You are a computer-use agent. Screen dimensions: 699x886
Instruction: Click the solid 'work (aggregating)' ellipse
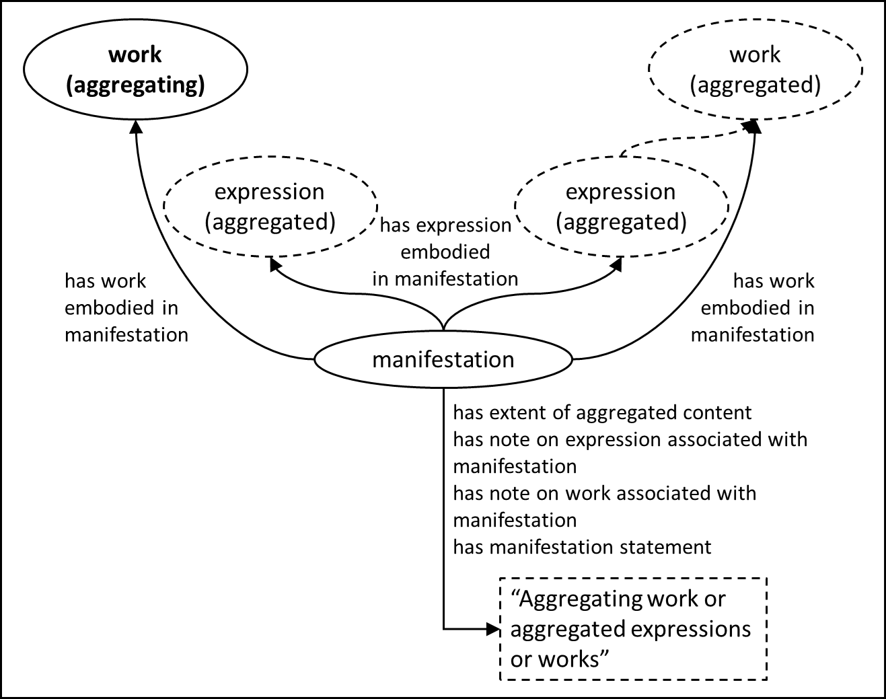coord(136,69)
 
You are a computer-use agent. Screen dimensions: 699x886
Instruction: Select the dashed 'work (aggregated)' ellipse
coord(755,69)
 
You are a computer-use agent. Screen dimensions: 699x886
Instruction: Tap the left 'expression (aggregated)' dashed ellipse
coord(270,207)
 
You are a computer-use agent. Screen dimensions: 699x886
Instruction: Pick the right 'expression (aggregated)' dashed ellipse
coord(620,207)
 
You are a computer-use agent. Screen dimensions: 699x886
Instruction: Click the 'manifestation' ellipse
coord(443,359)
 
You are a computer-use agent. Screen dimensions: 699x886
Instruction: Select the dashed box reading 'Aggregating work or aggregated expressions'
coord(632,628)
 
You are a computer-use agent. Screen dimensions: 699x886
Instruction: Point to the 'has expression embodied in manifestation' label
coord(445,252)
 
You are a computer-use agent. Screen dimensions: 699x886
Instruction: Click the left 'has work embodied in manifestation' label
coord(126,307)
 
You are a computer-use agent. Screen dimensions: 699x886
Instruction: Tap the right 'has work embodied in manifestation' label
coord(753,307)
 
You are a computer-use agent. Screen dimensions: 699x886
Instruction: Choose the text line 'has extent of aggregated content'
coord(602,412)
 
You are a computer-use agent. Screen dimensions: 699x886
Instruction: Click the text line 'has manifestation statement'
coord(582,546)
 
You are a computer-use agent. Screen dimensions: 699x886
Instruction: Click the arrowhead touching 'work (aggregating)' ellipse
coord(137,126)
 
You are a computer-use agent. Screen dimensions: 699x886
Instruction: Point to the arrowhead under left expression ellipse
coord(274,264)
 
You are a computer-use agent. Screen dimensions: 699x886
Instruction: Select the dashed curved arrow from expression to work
coord(686,139)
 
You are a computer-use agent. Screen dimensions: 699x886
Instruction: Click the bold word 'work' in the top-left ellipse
coord(135,54)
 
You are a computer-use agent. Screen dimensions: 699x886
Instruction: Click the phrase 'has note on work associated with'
coord(604,492)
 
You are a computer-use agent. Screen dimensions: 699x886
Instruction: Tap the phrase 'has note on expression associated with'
coord(630,439)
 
